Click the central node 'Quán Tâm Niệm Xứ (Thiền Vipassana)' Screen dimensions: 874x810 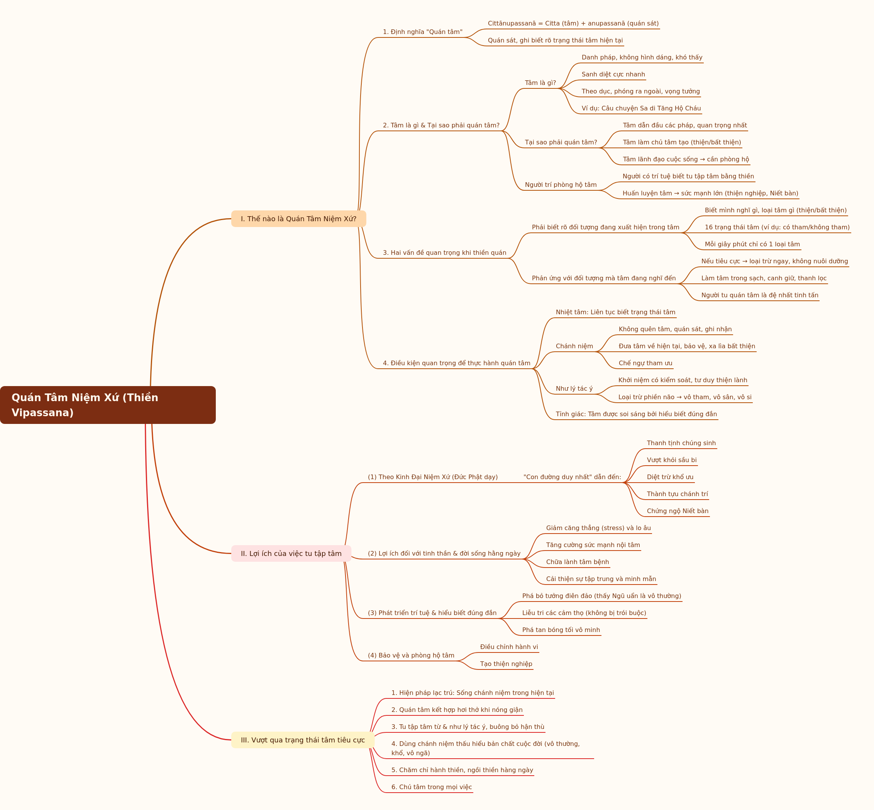(x=108, y=405)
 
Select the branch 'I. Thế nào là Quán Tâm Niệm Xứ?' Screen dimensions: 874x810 (x=298, y=219)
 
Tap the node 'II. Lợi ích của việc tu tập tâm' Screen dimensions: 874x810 (x=291, y=554)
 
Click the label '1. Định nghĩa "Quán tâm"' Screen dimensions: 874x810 (x=423, y=32)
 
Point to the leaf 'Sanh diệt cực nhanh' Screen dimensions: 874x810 (x=613, y=75)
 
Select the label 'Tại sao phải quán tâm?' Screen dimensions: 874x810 (x=561, y=142)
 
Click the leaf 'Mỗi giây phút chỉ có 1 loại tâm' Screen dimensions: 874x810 (x=752, y=244)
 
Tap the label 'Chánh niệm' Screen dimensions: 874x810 (x=574, y=346)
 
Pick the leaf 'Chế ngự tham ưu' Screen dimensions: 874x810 (x=645, y=363)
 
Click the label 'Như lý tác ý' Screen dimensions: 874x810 (x=574, y=388)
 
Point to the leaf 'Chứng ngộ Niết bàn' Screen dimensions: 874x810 (x=678, y=511)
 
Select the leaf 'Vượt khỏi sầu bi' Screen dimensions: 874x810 (x=671, y=460)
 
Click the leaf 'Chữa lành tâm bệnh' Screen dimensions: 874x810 (x=577, y=562)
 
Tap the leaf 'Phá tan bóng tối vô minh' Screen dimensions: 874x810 (x=561, y=630)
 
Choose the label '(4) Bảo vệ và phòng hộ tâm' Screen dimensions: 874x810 (x=411, y=655)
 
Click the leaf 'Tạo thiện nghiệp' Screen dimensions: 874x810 (x=506, y=664)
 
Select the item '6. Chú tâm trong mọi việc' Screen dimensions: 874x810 (x=432, y=787)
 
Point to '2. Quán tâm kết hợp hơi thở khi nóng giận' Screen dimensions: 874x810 (x=457, y=710)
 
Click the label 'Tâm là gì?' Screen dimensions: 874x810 (x=540, y=83)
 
